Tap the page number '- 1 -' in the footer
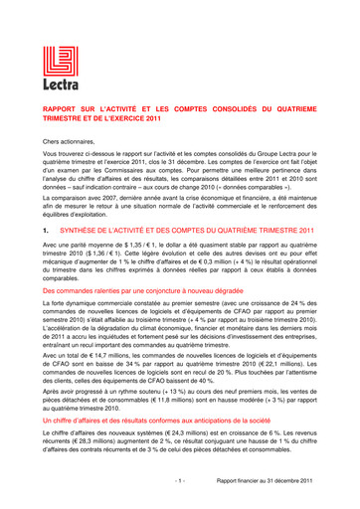coord(179,480)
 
